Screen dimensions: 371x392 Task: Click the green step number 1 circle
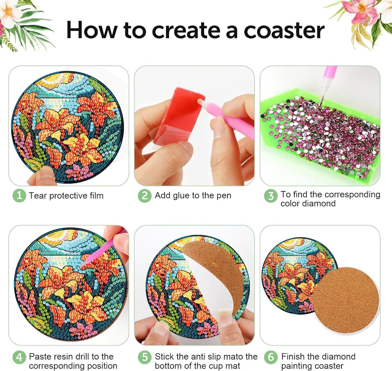click(x=19, y=195)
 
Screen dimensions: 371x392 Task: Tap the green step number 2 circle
click(x=145, y=195)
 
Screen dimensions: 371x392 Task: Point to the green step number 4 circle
click(x=19, y=357)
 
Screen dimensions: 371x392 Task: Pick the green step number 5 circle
click(x=145, y=357)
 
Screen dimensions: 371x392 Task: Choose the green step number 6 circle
click(x=271, y=357)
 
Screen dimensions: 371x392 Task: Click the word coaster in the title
click(x=284, y=30)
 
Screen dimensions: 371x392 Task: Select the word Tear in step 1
click(x=38, y=196)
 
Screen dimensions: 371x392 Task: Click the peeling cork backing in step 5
click(x=217, y=274)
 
